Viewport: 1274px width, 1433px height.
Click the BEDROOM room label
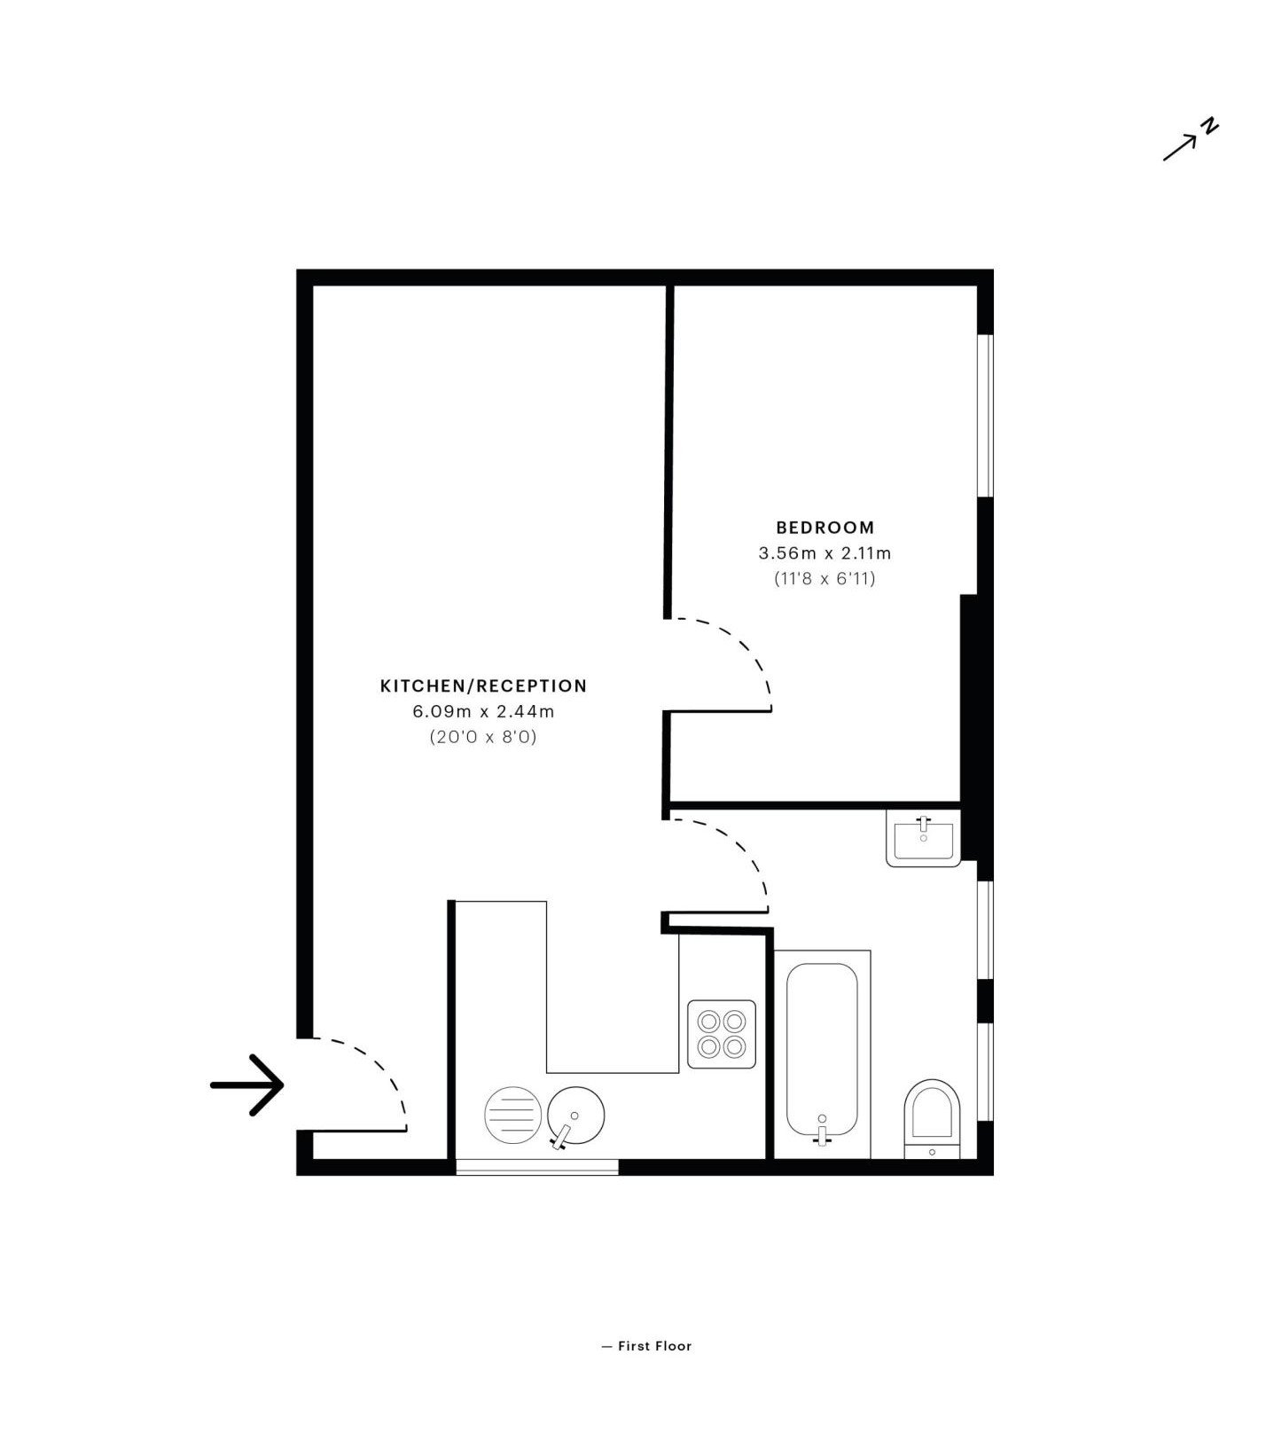825,528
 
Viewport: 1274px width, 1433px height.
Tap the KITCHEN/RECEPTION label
483,685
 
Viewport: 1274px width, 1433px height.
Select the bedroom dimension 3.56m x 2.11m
825,553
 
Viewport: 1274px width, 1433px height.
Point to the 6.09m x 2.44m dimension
483,711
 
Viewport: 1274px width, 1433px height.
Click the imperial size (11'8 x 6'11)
825,579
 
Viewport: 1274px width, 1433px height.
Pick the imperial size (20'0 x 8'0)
483,737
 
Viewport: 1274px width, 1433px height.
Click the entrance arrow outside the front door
246,1085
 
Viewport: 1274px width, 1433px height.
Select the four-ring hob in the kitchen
722,1034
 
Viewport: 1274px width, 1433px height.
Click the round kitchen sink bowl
575,1115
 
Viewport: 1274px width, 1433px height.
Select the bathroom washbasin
923,838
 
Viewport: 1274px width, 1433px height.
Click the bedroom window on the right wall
985,415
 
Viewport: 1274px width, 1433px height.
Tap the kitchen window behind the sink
536,1167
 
